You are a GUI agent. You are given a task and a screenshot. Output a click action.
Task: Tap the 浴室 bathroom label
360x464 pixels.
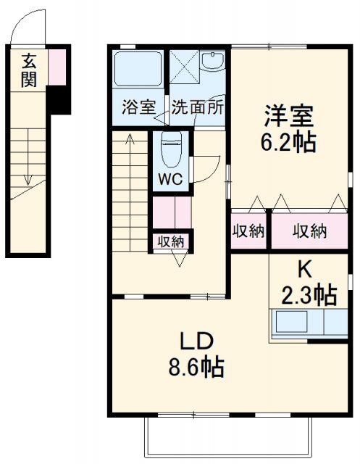[138, 107]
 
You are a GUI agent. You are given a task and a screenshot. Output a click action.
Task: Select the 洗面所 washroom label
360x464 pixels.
[197, 107]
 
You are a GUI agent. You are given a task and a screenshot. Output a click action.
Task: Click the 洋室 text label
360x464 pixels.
[287, 117]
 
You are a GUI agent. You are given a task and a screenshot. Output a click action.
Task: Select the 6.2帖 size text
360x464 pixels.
[288, 143]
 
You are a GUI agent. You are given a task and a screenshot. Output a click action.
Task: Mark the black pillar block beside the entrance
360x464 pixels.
[59, 100]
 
